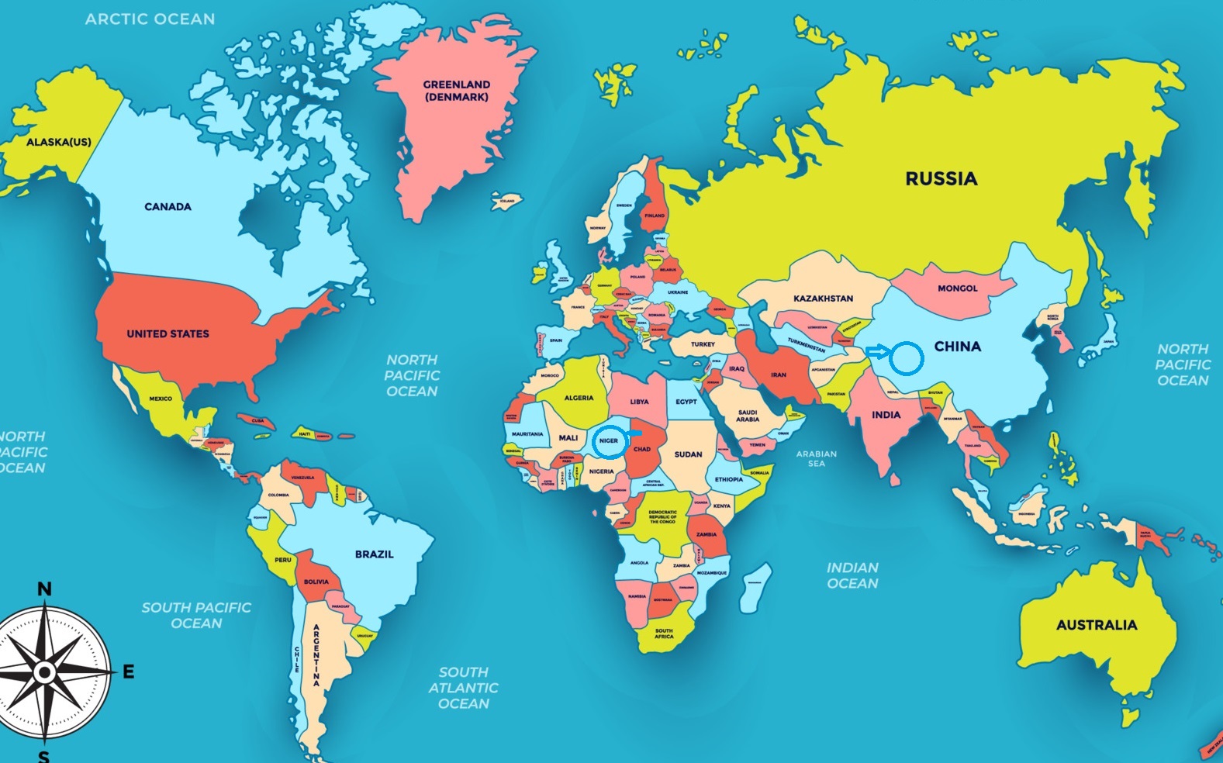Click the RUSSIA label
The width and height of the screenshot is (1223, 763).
941,179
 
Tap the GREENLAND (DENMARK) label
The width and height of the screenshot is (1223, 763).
456,91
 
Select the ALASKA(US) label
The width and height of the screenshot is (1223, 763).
58,143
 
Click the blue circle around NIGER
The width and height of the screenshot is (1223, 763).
610,440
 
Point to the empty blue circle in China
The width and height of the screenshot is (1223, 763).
906,358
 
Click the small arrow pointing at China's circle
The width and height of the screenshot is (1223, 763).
876,352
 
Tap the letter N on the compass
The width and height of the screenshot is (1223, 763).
45,589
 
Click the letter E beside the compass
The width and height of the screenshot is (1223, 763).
129,672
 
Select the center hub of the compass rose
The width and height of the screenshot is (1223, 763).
45,672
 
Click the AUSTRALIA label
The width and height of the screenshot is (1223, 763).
1096,625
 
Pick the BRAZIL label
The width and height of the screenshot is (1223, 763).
374,554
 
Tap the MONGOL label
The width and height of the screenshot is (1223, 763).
957,288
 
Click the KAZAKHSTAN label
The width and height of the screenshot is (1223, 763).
823,299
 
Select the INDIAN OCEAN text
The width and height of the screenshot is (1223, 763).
852,576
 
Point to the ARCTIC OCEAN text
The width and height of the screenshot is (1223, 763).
150,19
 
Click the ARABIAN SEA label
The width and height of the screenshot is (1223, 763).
816,459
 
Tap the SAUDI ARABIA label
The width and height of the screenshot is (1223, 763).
748,416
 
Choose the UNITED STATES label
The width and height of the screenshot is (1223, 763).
168,334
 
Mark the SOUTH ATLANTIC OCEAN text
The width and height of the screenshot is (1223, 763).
463,688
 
